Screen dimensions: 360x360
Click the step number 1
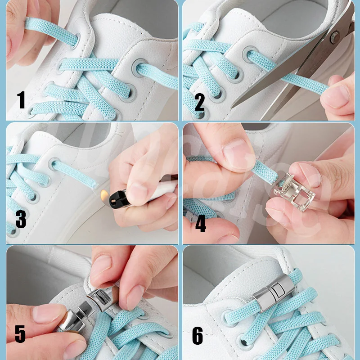[x=21, y=100]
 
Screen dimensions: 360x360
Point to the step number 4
[x=200, y=224]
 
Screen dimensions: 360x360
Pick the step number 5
[x=20, y=334]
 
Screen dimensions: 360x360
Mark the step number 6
[x=198, y=336]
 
